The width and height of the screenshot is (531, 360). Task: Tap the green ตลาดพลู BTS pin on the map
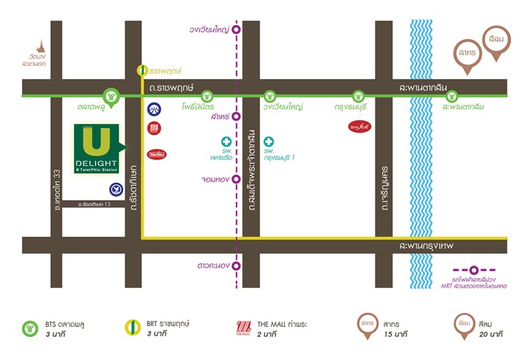tap(111, 95)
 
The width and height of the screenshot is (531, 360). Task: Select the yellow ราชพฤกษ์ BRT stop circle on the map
tap(143, 72)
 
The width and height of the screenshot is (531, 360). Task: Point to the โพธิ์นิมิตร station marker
tap(206, 95)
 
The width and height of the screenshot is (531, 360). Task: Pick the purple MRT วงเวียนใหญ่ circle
tap(237, 30)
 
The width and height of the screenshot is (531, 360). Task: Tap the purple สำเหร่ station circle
tap(237, 117)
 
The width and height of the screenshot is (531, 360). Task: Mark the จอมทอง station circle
tap(237, 179)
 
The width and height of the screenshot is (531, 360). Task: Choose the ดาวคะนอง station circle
tap(237, 266)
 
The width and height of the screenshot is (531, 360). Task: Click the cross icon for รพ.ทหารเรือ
tap(226, 141)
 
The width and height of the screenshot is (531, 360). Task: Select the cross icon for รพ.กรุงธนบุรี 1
tap(269, 141)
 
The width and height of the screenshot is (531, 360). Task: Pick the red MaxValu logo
tap(156, 154)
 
